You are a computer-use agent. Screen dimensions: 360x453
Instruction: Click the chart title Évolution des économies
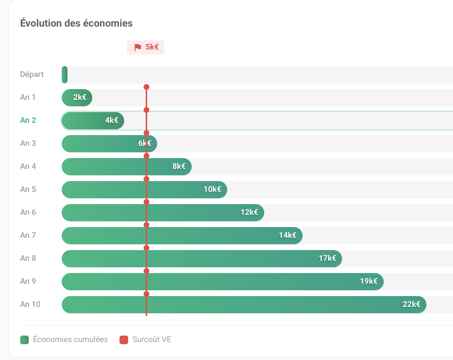(x=76, y=23)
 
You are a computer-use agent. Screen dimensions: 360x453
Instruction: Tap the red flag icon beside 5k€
(x=137, y=47)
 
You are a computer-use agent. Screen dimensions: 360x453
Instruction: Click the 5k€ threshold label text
(x=152, y=47)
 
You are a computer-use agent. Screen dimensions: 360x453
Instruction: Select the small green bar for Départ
(x=65, y=75)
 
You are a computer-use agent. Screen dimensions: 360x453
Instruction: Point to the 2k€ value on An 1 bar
(x=80, y=97)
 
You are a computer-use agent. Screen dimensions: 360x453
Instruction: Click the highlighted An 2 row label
(x=28, y=120)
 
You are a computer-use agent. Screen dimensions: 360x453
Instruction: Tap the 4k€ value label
(x=112, y=120)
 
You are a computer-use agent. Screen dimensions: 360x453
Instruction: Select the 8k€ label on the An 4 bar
(x=179, y=166)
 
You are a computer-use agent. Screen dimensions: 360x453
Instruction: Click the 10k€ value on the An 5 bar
(x=213, y=189)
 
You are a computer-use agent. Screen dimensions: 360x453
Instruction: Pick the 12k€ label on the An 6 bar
(x=249, y=212)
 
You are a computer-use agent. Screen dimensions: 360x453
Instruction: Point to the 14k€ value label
(x=288, y=235)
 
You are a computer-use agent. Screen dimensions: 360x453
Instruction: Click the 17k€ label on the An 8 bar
(x=327, y=258)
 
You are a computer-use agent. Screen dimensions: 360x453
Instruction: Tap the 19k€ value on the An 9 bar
(x=369, y=281)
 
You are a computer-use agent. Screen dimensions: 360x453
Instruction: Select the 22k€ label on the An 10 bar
(x=411, y=304)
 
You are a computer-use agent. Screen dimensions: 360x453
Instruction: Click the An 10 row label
(x=30, y=304)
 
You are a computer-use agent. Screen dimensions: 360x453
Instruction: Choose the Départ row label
(x=32, y=74)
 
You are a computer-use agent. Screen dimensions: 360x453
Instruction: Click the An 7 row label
(x=28, y=235)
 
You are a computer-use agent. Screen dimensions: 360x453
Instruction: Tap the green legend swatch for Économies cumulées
(x=24, y=340)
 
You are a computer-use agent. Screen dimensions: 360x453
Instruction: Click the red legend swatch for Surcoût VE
(x=124, y=340)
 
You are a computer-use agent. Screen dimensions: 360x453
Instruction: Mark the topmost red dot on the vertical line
(x=146, y=87)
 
